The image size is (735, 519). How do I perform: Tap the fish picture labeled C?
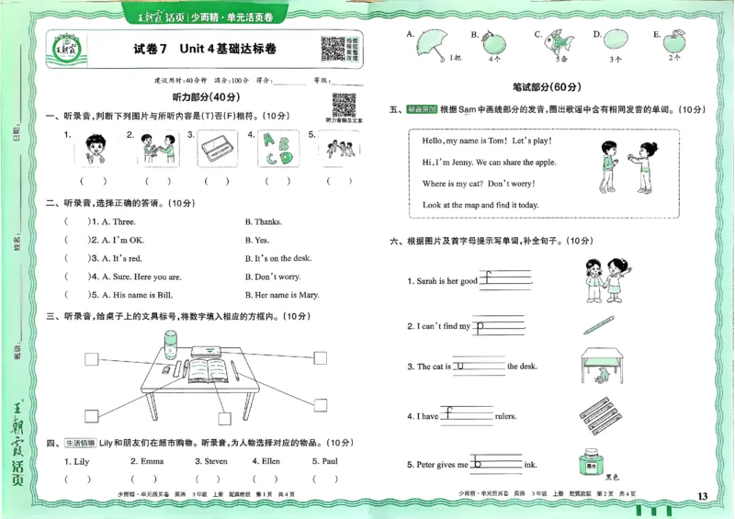[557, 41]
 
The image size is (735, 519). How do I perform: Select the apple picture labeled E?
[675, 41]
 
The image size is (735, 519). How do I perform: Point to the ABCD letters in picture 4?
[275, 148]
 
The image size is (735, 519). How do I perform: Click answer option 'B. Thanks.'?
[263, 221]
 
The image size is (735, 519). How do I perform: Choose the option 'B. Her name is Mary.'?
[282, 295]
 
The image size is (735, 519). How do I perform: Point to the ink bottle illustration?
[593, 463]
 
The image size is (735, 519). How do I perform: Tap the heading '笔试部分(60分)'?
[547, 87]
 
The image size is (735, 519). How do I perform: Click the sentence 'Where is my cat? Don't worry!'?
[480, 184]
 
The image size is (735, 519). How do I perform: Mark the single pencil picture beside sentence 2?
[599, 324]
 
